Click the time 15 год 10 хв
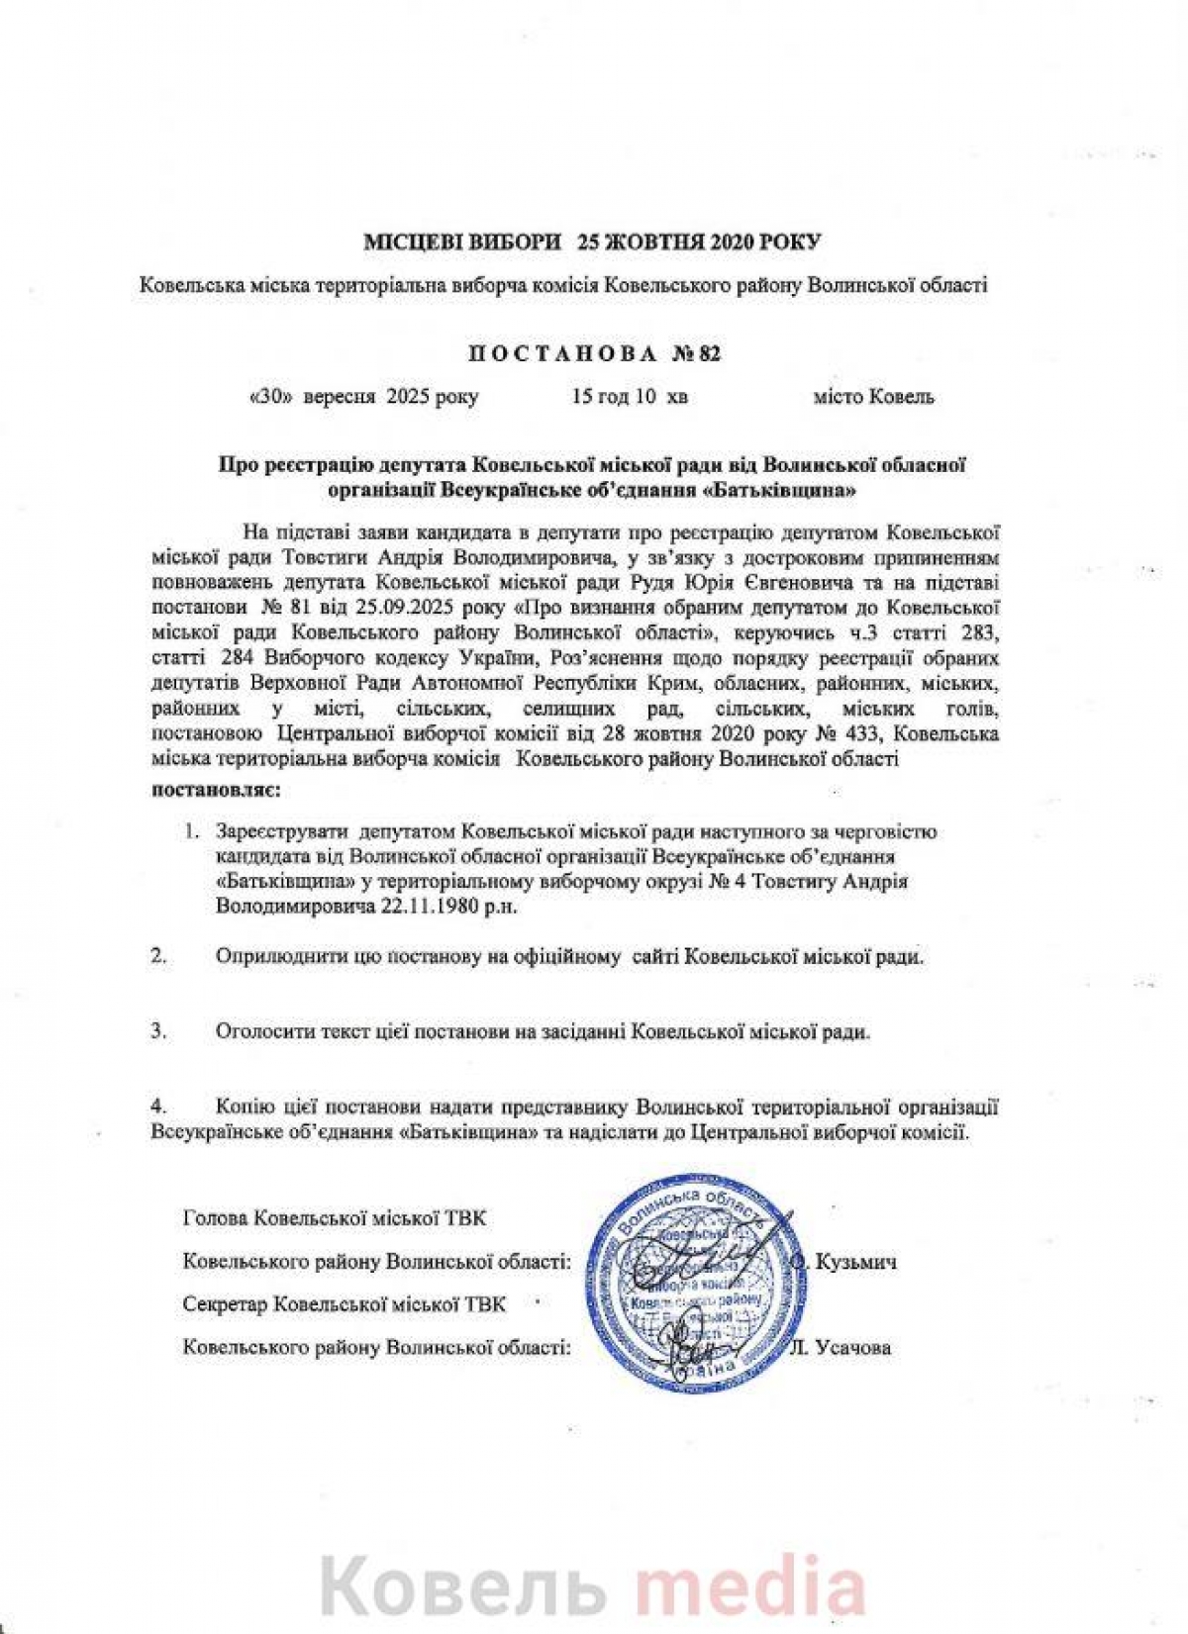point(630,397)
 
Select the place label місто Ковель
point(873,397)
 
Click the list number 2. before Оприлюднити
point(157,957)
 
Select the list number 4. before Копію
point(157,1105)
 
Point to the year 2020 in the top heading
point(737,241)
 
